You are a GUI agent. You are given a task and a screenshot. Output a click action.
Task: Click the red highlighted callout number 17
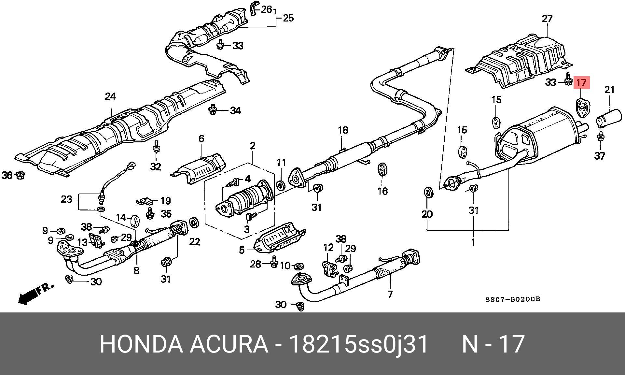[581, 82]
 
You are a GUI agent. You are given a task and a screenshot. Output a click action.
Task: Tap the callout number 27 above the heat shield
[547, 18]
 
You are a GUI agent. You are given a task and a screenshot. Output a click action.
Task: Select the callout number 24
[110, 96]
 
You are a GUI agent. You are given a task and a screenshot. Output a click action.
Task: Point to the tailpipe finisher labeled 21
[609, 119]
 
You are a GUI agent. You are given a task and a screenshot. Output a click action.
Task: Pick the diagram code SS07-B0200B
[513, 299]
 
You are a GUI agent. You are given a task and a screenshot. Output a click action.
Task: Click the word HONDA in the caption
[141, 344]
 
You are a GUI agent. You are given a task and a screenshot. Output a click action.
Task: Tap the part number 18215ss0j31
[358, 344]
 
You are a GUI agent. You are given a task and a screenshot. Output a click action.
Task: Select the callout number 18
[343, 130]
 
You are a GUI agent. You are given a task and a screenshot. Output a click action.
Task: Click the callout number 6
[201, 138]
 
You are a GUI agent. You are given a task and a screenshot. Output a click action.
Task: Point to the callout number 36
[7, 176]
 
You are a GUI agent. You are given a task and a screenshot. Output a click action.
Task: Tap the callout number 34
[235, 110]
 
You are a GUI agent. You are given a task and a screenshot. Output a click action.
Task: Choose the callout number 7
[390, 294]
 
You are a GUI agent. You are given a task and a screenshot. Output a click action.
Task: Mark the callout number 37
[600, 156]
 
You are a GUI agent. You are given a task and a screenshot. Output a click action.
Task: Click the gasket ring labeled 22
[194, 223]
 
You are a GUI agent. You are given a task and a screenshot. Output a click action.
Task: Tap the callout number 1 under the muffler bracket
[473, 242]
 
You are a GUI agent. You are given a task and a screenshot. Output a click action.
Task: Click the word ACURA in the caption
[229, 344]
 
